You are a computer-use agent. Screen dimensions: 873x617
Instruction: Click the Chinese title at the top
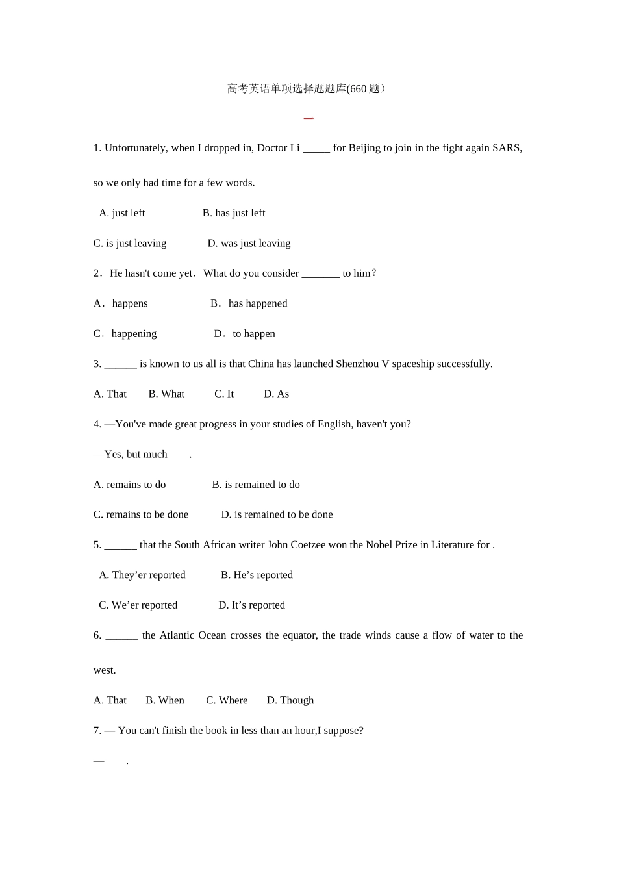coord(307,89)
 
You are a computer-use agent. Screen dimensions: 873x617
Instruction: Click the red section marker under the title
coord(308,118)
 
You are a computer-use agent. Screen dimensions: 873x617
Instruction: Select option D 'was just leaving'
coord(249,244)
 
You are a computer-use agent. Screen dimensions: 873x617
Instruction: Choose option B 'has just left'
coord(234,213)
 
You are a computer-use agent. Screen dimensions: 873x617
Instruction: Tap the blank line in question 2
coord(321,274)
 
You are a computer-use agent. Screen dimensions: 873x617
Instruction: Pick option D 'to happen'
coord(245,334)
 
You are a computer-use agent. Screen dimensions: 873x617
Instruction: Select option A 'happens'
coord(121,303)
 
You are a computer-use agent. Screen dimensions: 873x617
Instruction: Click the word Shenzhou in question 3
coord(357,364)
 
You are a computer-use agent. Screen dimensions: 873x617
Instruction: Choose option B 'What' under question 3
coord(166,394)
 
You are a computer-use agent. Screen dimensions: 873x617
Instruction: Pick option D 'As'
coord(277,394)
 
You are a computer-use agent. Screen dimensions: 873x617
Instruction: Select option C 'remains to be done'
coord(141,514)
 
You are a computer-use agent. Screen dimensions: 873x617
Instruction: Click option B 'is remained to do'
coord(256,485)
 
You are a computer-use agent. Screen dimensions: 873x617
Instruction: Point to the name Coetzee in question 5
coord(307,545)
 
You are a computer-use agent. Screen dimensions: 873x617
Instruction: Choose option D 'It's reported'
coord(251,605)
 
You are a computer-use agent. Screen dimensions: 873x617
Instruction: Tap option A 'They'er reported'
coord(142,575)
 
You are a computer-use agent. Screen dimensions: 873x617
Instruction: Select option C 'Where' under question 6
coord(227,700)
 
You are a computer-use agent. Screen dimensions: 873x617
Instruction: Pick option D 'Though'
coord(290,700)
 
